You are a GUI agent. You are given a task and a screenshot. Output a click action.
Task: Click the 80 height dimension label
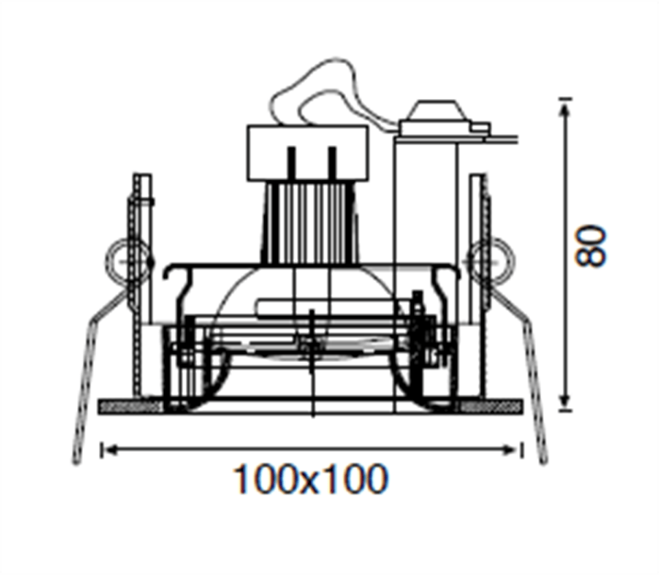click(x=591, y=246)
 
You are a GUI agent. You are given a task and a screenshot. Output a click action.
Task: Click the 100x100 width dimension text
click(x=310, y=479)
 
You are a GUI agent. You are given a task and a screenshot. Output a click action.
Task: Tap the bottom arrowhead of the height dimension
click(x=565, y=401)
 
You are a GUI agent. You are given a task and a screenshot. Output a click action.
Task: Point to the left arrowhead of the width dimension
click(x=110, y=451)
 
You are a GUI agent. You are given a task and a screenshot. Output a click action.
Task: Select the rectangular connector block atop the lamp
click(x=308, y=153)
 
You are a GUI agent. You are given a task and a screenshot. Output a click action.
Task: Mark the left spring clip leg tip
click(x=76, y=463)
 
